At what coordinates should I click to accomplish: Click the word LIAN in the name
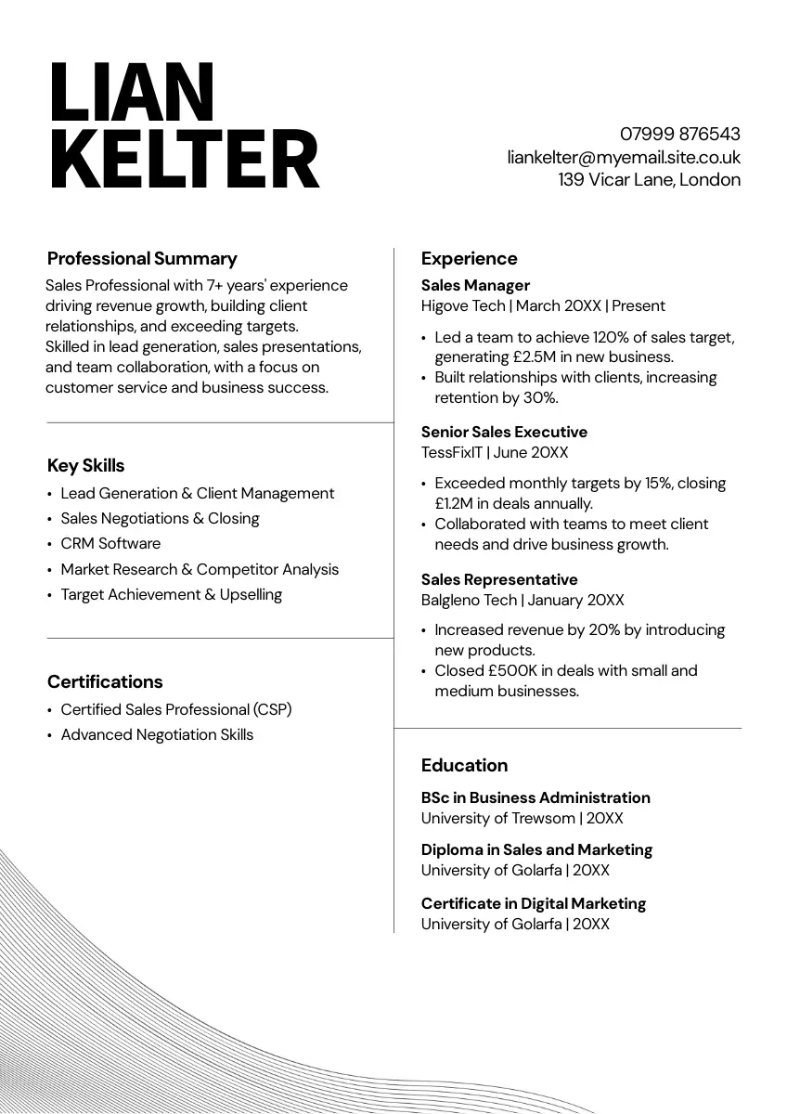(132, 94)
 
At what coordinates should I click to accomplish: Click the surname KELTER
(184, 160)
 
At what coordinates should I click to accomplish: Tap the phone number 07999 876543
(679, 134)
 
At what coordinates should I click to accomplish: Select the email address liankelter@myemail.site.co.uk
(624, 157)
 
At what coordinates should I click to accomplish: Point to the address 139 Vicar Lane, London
(649, 180)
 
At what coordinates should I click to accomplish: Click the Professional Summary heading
(142, 259)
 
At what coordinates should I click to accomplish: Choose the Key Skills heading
(85, 466)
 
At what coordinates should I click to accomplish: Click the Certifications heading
(105, 682)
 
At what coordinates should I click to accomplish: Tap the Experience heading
(469, 259)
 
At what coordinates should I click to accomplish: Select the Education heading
(464, 766)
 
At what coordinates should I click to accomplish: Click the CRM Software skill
(110, 544)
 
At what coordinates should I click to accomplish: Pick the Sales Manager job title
(475, 286)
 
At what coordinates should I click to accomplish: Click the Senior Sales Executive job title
(504, 433)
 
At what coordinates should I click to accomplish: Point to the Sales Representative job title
(499, 580)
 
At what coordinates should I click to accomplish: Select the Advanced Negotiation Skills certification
(157, 735)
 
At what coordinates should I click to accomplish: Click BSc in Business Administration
(535, 798)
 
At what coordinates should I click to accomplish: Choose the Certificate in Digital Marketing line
(533, 904)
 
